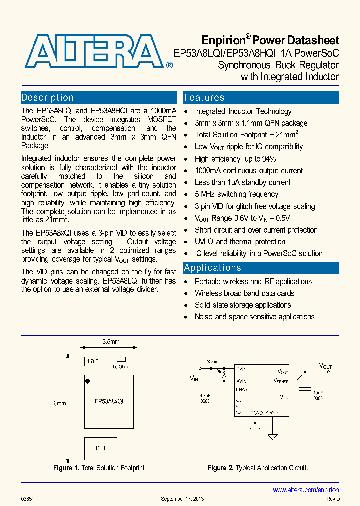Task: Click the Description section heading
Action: click(x=48, y=98)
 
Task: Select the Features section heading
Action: click(x=204, y=98)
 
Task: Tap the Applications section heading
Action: click(x=213, y=268)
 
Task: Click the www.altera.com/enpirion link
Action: click(x=306, y=490)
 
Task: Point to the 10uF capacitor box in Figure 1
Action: click(x=101, y=448)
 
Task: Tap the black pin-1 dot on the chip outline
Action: click(x=88, y=382)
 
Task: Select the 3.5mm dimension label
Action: click(x=110, y=342)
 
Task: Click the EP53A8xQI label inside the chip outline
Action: click(x=109, y=401)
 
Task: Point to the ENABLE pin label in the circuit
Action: click(x=244, y=389)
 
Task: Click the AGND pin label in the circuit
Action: click(x=272, y=413)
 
